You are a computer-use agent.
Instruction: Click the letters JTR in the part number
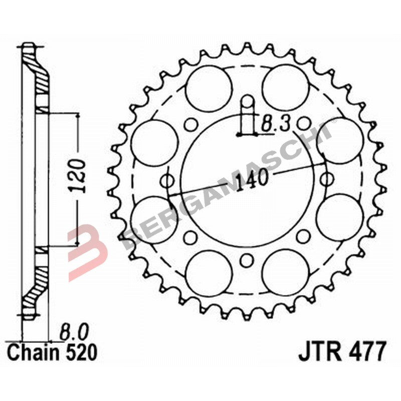[317, 351]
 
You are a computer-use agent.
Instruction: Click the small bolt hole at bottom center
[246, 259]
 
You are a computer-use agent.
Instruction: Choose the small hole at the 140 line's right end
[327, 178]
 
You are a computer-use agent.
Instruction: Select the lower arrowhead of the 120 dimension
[78, 243]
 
